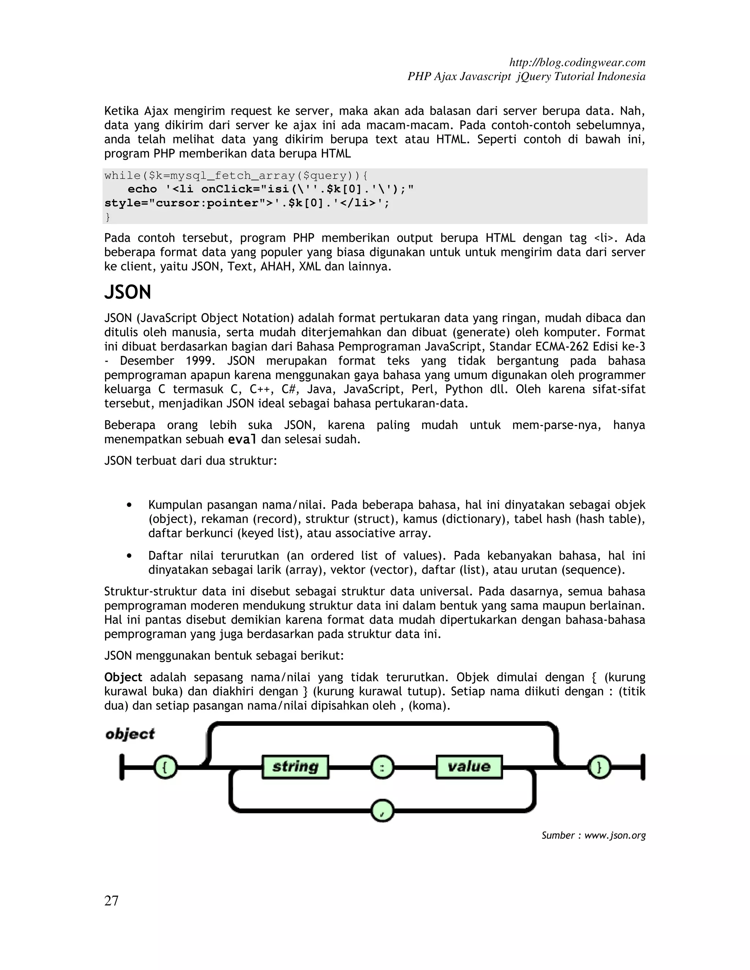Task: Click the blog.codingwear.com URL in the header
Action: click(x=577, y=62)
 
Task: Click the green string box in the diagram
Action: click(x=296, y=766)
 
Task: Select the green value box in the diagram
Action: click(x=469, y=766)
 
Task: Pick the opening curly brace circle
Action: click(x=165, y=767)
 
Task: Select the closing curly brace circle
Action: click(x=599, y=767)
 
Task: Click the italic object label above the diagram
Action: click(x=130, y=734)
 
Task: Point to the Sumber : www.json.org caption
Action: click(x=593, y=835)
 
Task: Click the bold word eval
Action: click(x=242, y=440)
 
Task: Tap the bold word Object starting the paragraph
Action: click(x=123, y=677)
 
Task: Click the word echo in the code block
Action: click(x=142, y=189)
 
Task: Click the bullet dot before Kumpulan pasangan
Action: click(x=129, y=505)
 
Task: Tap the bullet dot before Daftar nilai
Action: click(x=129, y=556)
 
